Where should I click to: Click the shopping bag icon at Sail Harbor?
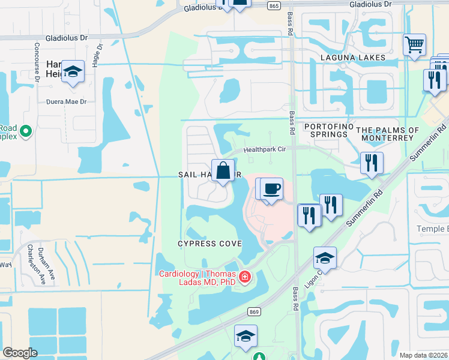[x=223, y=170]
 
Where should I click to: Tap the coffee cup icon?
[x=271, y=188]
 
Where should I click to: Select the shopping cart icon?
[x=414, y=44]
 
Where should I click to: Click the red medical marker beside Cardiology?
[x=245, y=277]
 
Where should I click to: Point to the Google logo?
[x=20, y=353]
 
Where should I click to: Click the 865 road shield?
[x=274, y=5]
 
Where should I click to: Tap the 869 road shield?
[x=254, y=312]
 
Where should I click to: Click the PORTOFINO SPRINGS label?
[x=325, y=130]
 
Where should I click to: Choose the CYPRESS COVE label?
[x=209, y=244]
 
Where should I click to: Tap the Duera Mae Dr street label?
[x=70, y=102]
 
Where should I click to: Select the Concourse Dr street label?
[x=37, y=61]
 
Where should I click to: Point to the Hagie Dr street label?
[x=100, y=53]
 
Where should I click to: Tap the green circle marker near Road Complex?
[x=25, y=130]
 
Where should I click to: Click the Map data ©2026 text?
[x=424, y=355]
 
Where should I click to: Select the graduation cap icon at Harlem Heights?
[x=73, y=71]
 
